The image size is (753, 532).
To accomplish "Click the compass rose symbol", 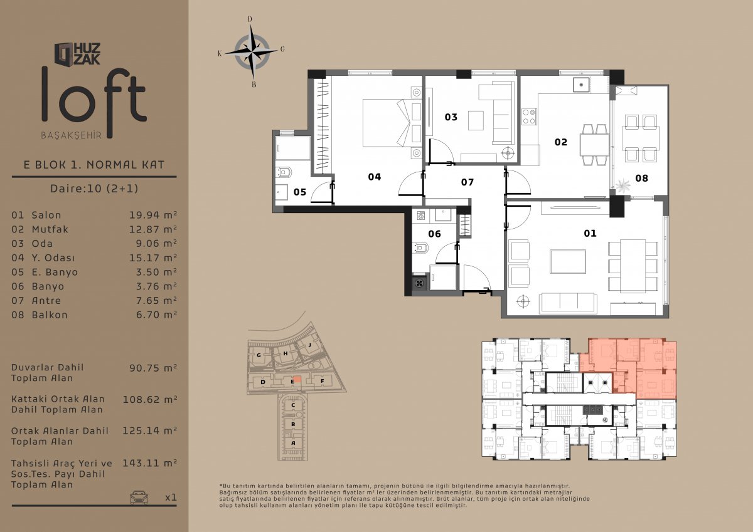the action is click(x=252, y=52).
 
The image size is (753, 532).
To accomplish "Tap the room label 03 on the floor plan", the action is click(x=451, y=117).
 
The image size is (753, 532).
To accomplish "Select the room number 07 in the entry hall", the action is click(x=467, y=182).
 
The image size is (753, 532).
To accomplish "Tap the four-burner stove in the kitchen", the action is click(x=529, y=117).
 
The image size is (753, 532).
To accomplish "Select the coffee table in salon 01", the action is click(x=568, y=261).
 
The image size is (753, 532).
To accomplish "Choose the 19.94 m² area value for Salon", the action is click(x=153, y=215).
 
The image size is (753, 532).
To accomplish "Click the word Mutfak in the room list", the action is click(x=50, y=229).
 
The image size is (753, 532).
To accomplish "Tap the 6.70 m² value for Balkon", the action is click(x=156, y=315).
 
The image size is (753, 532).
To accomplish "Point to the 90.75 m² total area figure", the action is click(x=153, y=368).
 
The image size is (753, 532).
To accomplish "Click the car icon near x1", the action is click(x=139, y=497).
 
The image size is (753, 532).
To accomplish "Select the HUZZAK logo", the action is click(x=77, y=54).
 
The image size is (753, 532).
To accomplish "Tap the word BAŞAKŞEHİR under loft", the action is click(x=72, y=135).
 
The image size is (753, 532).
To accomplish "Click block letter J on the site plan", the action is click(x=310, y=345).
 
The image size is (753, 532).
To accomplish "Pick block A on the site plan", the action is click(x=293, y=443).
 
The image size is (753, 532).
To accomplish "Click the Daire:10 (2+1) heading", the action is click(x=94, y=188).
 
